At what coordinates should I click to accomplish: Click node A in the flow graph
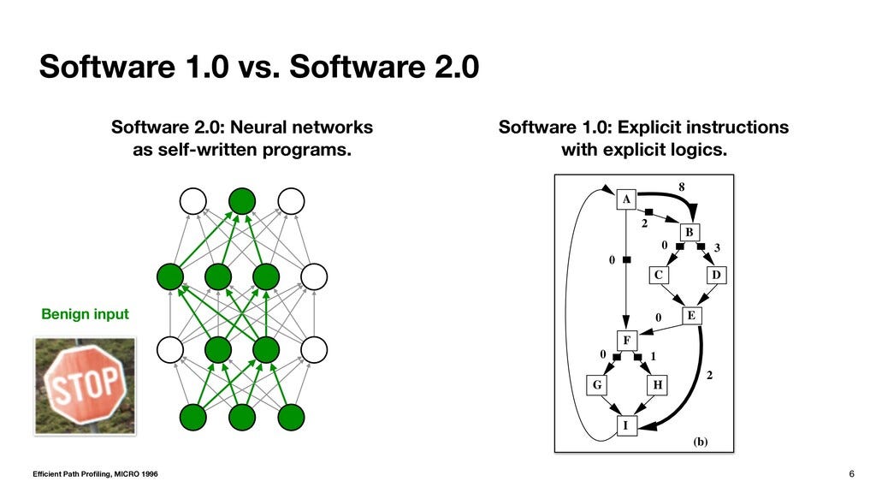(x=627, y=199)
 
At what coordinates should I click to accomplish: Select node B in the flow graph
(x=690, y=232)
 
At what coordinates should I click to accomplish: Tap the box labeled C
(x=658, y=275)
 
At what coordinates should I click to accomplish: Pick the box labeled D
(x=717, y=275)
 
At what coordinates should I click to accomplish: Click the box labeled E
(x=691, y=316)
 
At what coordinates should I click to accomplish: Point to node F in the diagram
(x=627, y=340)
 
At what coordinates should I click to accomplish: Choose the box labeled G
(x=596, y=384)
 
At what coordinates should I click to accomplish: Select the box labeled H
(x=657, y=384)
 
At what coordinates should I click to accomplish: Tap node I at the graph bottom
(x=627, y=425)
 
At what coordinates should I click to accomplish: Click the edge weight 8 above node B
(x=681, y=186)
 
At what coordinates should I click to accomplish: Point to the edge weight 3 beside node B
(x=717, y=247)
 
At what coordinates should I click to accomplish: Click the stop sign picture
(x=84, y=386)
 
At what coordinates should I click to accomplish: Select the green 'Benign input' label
(x=86, y=314)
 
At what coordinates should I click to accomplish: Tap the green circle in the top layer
(x=242, y=201)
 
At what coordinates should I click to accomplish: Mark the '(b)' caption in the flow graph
(x=701, y=442)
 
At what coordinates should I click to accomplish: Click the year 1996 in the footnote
(x=145, y=474)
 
